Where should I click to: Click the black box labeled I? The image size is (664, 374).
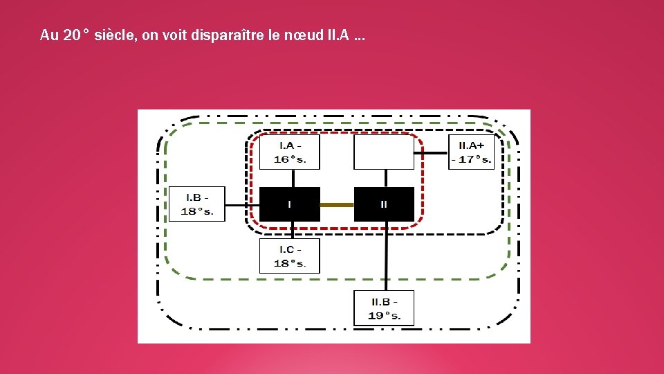pos(290,204)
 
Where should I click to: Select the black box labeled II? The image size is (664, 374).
pos(384,204)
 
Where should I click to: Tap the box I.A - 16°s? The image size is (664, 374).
pos(290,152)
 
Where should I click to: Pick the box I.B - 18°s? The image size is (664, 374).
pos(197,204)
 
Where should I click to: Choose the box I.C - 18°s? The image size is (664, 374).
pos(290,256)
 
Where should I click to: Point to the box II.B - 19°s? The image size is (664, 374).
pos(384,308)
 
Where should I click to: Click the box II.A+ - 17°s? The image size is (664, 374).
pos(472,152)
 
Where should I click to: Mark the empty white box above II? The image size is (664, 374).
pos(384,152)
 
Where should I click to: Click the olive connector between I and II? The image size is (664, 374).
pos(337,204)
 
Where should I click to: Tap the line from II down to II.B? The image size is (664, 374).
pos(385,256)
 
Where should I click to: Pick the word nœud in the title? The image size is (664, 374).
pos(301,35)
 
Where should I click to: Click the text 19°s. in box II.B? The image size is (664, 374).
pos(384,315)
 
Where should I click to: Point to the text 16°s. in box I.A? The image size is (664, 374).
pos(290,159)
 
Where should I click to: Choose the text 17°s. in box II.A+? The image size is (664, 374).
pos(474,159)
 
